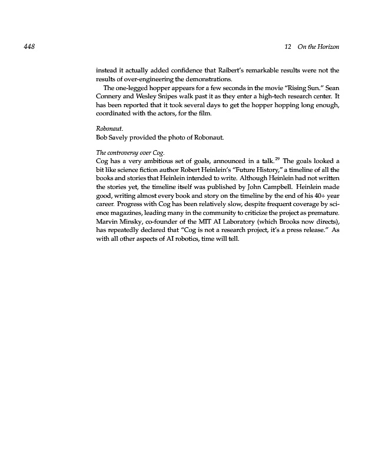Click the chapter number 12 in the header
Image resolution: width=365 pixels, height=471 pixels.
[288, 47]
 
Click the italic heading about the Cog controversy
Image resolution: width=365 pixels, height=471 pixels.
[130, 152]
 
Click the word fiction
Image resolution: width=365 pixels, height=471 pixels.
[148, 170]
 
